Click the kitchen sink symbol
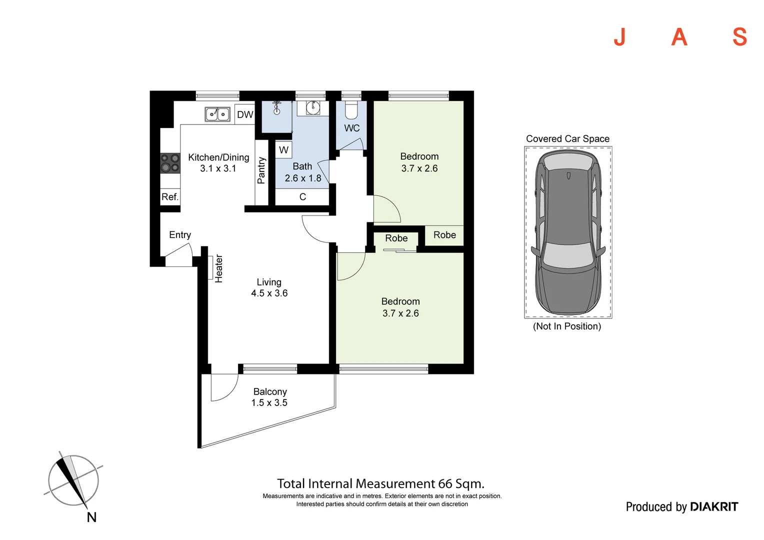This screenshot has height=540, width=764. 217,114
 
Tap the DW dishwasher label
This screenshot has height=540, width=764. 245,114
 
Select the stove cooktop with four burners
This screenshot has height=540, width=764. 170,162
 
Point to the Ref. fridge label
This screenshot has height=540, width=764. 170,197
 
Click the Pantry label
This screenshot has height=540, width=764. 261,170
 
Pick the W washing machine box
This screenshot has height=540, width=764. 283,150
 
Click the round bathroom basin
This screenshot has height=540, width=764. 313,108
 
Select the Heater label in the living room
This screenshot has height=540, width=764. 218,269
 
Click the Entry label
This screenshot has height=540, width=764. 180,234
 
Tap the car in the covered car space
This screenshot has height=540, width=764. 568,232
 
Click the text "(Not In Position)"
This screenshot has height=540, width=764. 567,326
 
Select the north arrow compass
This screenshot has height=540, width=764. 74,480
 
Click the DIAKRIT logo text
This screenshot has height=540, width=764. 714,507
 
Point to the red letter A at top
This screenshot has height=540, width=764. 679,37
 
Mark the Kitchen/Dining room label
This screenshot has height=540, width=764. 218,157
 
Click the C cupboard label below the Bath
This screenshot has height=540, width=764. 302,197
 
